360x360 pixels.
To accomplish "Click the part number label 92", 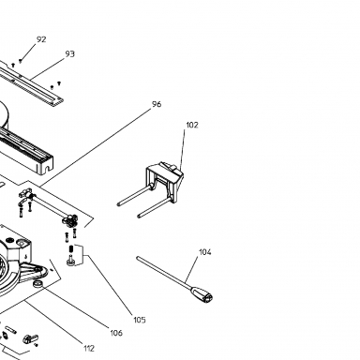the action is [41, 39].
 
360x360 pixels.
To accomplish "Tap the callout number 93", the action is [70, 54].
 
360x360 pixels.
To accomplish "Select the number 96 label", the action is [157, 104].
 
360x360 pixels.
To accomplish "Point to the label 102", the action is [192, 125].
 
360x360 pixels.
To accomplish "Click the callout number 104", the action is [205, 252].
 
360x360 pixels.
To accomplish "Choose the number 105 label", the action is [140, 320].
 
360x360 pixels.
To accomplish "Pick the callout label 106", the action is [116, 333].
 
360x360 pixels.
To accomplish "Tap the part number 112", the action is [89, 348].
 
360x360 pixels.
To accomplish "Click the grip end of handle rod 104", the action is [202, 294].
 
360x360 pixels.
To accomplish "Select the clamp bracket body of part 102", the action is [165, 180].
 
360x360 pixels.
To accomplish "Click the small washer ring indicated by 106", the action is [38, 283].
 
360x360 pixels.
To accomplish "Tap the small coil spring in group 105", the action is [70, 249].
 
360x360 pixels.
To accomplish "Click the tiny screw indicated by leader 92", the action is [21, 61].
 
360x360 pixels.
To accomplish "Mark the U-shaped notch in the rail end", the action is [47, 170].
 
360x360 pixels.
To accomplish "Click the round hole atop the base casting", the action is [22, 243].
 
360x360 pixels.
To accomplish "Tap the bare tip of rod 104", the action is [138, 258].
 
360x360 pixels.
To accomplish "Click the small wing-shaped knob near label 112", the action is [30, 338].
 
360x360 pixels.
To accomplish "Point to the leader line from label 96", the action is [96, 147].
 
